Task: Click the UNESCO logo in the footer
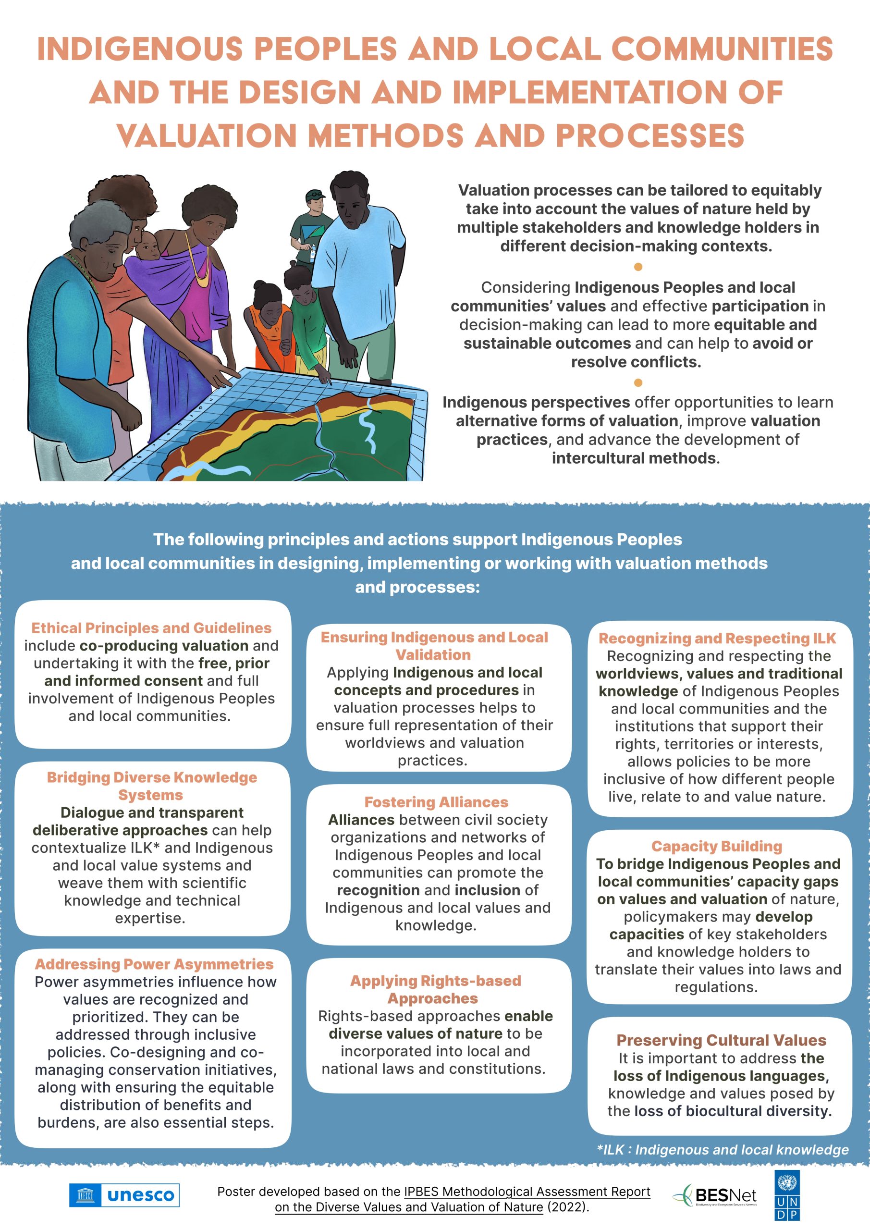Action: pos(124,1195)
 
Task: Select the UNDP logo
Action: pos(787,1195)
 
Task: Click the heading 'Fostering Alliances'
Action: pos(436,802)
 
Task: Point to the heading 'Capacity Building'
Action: pos(717,846)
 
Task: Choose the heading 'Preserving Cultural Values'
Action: pos(721,1040)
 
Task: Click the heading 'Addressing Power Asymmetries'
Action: pos(154,964)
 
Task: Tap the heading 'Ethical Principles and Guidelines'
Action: pos(152,628)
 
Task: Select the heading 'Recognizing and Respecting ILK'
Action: pos(717,638)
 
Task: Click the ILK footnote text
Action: pos(723,1150)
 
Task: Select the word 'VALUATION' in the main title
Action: pos(207,135)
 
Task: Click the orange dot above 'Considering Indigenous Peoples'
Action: pos(638,267)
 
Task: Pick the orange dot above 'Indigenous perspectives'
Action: pos(638,382)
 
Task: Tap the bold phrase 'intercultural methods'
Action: pos(634,458)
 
